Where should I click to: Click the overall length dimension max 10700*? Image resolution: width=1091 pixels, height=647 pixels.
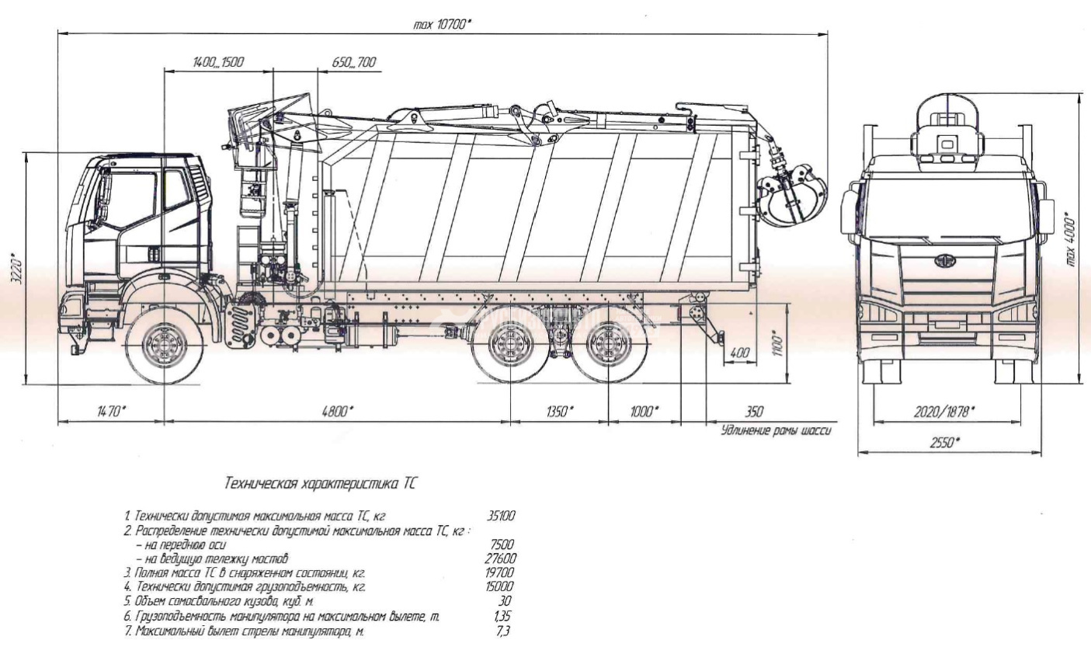(x=442, y=24)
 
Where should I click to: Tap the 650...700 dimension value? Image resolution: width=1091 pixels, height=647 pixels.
(x=353, y=62)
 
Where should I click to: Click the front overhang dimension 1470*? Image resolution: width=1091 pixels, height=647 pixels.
(x=110, y=412)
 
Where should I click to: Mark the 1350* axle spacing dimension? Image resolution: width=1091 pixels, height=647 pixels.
(x=558, y=412)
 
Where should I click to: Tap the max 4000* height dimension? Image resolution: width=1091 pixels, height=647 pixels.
(x=1072, y=241)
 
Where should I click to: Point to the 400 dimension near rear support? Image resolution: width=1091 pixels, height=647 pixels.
(x=741, y=353)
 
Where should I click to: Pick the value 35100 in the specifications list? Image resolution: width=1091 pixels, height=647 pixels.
(x=500, y=515)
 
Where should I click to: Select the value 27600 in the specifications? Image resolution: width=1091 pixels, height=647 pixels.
(x=500, y=558)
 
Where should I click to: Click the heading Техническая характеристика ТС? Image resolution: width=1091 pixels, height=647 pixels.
(x=320, y=483)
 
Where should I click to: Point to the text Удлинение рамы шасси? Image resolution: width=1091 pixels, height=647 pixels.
(x=776, y=430)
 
